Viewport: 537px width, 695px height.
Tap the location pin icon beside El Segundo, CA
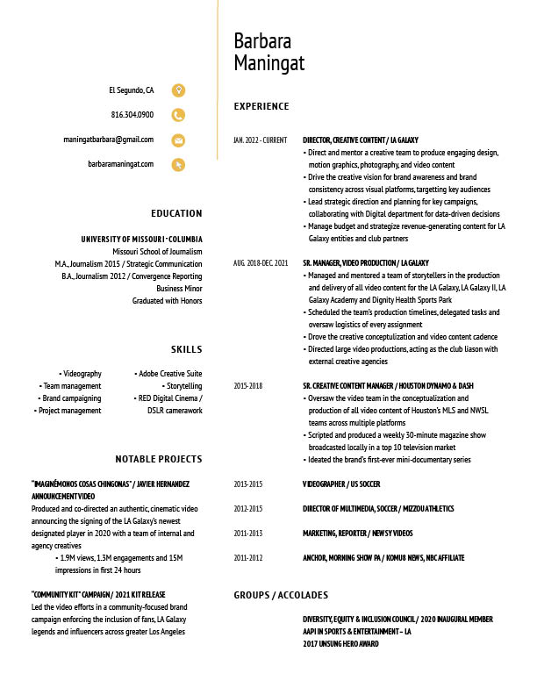[178, 90]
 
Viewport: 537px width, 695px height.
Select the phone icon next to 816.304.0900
[178, 115]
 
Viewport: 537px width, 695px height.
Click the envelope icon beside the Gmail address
[178, 140]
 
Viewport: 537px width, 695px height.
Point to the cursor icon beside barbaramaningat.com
[178, 164]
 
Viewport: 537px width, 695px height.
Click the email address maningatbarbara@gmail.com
[108, 140]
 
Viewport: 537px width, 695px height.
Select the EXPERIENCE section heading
[261, 106]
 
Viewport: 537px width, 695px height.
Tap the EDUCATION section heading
[176, 213]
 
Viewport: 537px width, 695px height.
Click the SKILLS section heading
[186, 349]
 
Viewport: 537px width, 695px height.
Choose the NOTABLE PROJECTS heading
[159, 459]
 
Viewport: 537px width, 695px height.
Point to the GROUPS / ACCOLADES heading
[281, 595]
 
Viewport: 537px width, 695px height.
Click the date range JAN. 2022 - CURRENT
[260, 140]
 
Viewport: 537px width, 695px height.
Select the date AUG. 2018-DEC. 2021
[261, 263]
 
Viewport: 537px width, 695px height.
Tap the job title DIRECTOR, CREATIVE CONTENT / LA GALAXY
[361, 140]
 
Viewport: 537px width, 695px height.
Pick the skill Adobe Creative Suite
[168, 374]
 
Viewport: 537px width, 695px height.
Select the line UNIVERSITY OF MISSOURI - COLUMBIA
[141, 240]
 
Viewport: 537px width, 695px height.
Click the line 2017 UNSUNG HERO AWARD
[340, 644]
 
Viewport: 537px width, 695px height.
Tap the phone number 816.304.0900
[132, 115]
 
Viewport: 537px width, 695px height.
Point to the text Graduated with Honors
[167, 301]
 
